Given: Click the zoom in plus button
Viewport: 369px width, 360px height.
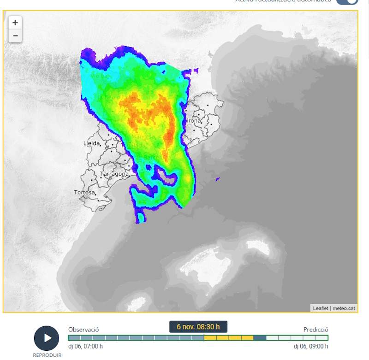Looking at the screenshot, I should click(15, 23).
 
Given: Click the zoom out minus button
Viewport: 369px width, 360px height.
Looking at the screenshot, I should click(15, 35).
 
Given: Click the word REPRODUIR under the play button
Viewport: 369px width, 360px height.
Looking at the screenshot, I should click(47, 355).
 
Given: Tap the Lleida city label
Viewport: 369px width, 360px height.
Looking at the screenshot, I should click(91, 143).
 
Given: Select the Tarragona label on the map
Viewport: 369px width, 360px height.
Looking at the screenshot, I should click(114, 174).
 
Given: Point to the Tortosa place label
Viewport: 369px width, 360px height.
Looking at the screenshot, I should click(84, 192).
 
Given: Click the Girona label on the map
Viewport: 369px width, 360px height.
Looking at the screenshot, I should click(192, 121).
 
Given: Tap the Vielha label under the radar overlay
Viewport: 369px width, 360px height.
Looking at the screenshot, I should click(99, 75).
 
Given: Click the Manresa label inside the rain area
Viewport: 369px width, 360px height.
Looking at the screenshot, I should click(143, 137).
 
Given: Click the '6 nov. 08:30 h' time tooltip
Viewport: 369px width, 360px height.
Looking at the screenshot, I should click(198, 327).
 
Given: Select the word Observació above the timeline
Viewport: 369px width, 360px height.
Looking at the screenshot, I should click(83, 330).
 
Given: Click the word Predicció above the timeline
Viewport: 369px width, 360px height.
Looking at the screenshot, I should click(315, 330).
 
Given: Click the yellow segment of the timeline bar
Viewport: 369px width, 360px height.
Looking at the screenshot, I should click(228, 338).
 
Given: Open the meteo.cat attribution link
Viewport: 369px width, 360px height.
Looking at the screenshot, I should click(344, 308).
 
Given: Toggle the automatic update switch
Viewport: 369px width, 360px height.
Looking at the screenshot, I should click(347, 1).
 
